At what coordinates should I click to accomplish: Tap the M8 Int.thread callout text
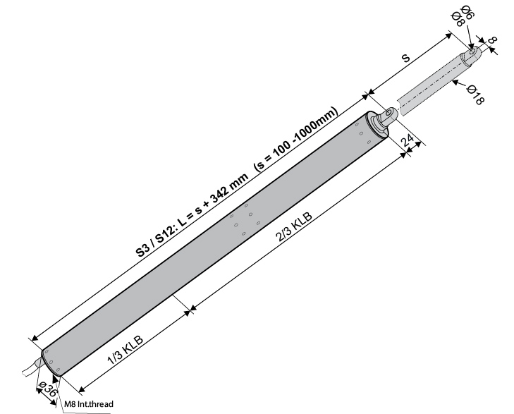[89, 404]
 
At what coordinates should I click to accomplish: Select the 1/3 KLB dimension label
[126, 350]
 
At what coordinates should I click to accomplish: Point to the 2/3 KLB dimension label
[295, 227]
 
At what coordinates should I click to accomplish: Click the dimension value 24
[408, 140]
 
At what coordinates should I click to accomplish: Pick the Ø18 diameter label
[476, 95]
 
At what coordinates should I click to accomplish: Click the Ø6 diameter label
[467, 13]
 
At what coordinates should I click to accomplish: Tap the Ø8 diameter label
[458, 19]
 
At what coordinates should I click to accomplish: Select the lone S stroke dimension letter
[406, 59]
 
